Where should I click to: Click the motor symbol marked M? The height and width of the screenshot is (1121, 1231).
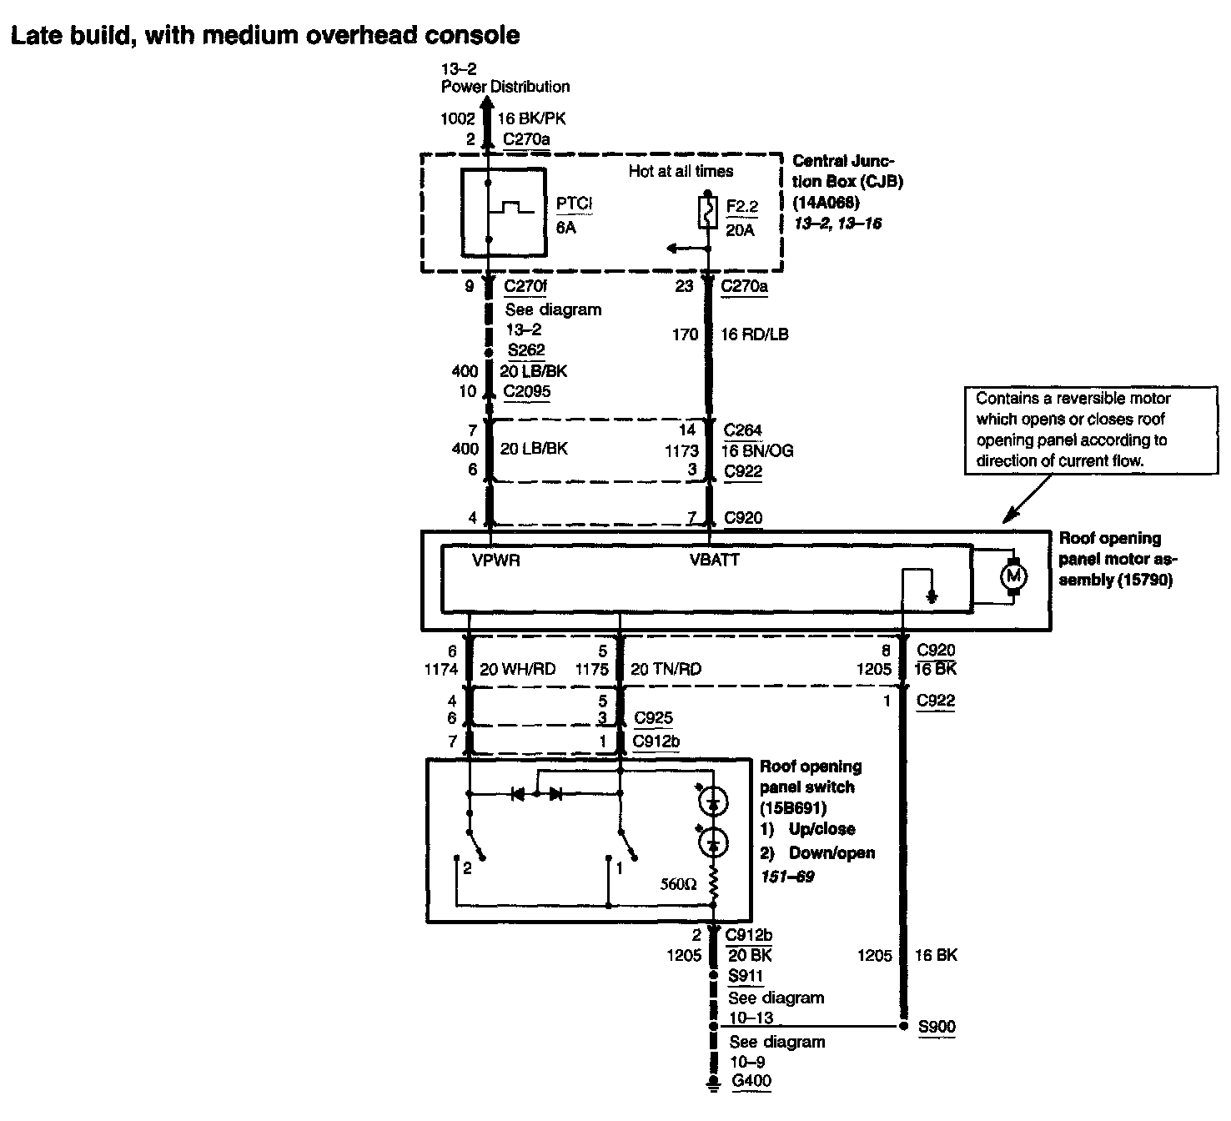[x=1014, y=576]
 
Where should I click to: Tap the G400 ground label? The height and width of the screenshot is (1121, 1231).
[x=751, y=1082]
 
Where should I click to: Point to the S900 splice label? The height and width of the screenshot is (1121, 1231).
[x=937, y=1027]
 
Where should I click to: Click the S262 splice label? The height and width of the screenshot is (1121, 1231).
[x=525, y=350]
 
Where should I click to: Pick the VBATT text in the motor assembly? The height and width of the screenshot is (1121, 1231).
[x=715, y=560]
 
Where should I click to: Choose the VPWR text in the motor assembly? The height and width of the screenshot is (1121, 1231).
[x=496, y=560]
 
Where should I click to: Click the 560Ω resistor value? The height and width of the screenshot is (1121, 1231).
[x=676, y=883]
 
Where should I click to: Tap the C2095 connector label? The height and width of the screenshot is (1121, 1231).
[x=527, y=391]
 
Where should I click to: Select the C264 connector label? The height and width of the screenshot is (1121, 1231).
[x=743, y=430]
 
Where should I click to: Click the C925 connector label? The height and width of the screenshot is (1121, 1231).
[x=654, y=718]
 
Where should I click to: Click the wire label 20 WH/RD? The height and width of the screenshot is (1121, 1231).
[x=518, y=669]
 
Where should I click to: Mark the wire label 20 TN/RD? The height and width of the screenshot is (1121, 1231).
[x=666, y=669]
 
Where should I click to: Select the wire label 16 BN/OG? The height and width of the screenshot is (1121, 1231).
[x=757, y=451]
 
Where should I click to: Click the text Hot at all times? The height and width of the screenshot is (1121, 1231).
[x=681, y=171]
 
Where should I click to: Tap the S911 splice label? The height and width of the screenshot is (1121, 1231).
[x=746, y=976]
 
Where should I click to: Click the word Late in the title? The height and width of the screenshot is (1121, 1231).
[x=38, y=35]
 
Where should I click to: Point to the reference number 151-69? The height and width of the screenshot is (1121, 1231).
[x=787, y=877]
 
